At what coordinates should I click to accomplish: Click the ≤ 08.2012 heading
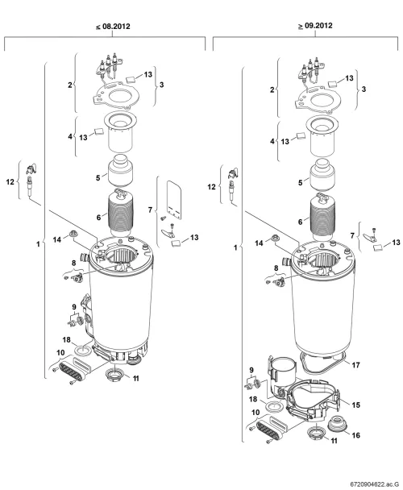point(113,27)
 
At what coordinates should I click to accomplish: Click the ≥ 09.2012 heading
point(315,26)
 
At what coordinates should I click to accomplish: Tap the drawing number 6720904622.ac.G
point(375,484)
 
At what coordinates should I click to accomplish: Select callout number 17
point(355,365)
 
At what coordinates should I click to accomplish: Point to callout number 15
point(355,405)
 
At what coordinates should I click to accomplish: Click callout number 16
point(355,435)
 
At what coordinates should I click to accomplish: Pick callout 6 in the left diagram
point(98,217)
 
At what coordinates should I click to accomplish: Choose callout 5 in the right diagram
point(301,182)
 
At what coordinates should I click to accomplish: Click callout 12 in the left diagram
point(10,181)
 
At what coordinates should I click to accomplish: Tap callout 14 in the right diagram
point(260,243)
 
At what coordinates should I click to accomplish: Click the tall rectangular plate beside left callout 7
point(174,200)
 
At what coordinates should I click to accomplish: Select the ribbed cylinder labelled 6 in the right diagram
point(323,217)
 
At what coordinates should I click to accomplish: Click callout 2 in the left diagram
point(70,85)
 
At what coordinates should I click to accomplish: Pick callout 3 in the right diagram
point(364,89)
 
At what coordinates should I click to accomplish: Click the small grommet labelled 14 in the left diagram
point(74,234)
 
